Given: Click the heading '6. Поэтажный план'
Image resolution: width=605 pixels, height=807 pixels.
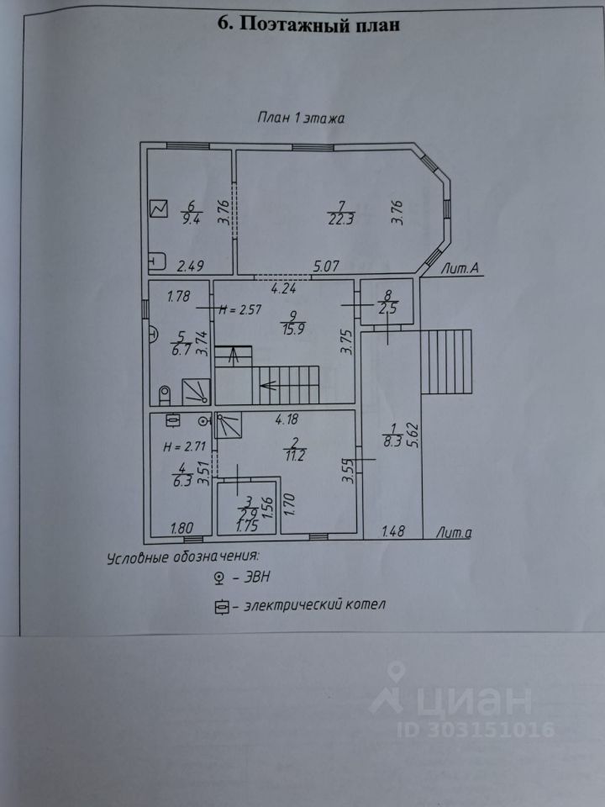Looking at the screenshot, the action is click(309, 24).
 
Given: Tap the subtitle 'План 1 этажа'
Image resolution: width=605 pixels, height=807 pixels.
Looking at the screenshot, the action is click(302, 119).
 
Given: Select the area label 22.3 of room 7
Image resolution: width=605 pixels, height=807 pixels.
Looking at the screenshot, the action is click(341, 220).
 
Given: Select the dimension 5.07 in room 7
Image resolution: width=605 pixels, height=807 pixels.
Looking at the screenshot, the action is click(327, 267).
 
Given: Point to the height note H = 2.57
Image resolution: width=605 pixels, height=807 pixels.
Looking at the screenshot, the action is click(240, 309).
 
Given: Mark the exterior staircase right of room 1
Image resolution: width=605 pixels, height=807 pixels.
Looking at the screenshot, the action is click(447, 361).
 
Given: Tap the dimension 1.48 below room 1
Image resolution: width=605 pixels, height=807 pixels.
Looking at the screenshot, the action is click(393, 531).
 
